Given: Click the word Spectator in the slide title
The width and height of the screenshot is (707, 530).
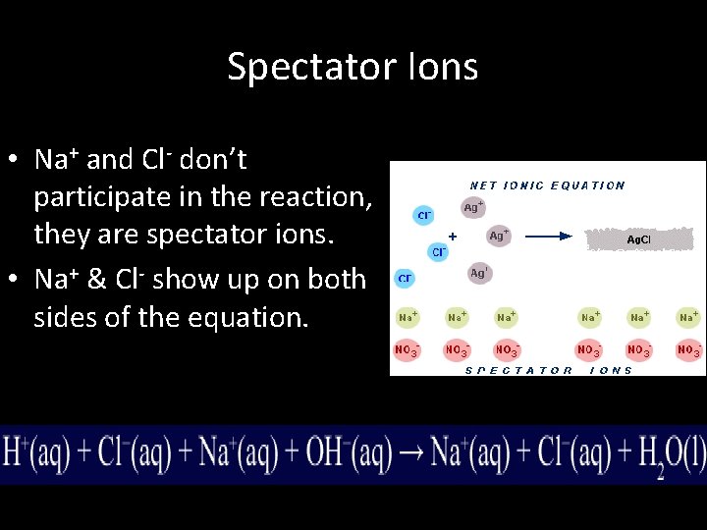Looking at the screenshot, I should point(311,67).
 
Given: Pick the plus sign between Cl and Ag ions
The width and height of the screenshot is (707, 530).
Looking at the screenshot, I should point(452,237).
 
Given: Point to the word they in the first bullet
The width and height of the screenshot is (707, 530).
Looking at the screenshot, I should point(65,237).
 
